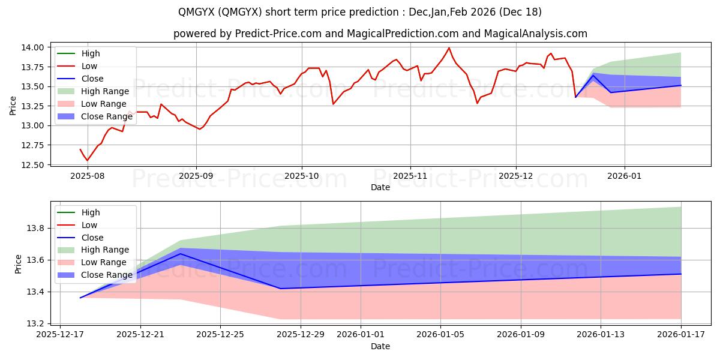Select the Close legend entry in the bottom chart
coord(92,238)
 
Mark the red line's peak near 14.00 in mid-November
coord(449,48)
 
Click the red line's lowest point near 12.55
coord(87,160)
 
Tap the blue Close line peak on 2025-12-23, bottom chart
coord(181,254)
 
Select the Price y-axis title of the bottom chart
coord(18,263)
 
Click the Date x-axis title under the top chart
coord(380,187)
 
